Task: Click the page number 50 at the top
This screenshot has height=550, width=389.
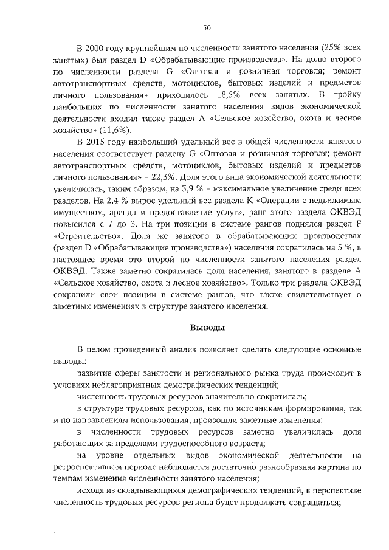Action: click(206, 27)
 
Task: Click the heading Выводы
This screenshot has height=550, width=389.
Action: click(206, 327)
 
